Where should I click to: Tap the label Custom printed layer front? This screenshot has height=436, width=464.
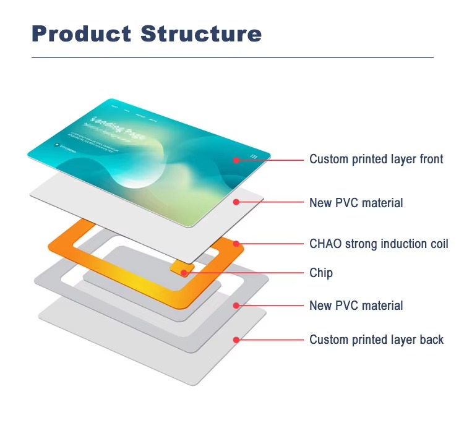(376, 160)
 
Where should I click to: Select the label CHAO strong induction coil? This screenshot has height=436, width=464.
(379, 244)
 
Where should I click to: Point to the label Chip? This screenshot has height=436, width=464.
(320, 273)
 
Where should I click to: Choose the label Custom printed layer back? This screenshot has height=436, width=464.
(376, 340)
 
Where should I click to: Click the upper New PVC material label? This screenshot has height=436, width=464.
(356, 203)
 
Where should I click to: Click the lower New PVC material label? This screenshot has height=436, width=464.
(356, 306)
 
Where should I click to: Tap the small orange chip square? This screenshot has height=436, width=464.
(181, 269)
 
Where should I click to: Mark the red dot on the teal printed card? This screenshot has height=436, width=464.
(236, 160)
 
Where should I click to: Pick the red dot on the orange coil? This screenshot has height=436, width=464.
(236, 244)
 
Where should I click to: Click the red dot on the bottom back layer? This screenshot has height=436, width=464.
(236, 340)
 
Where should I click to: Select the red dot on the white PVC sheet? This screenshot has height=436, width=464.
(236, 202)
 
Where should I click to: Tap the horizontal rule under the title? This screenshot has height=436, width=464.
(232, 58)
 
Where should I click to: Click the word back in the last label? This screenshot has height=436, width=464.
(431, 340)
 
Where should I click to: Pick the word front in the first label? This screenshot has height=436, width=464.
(431, 160)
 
